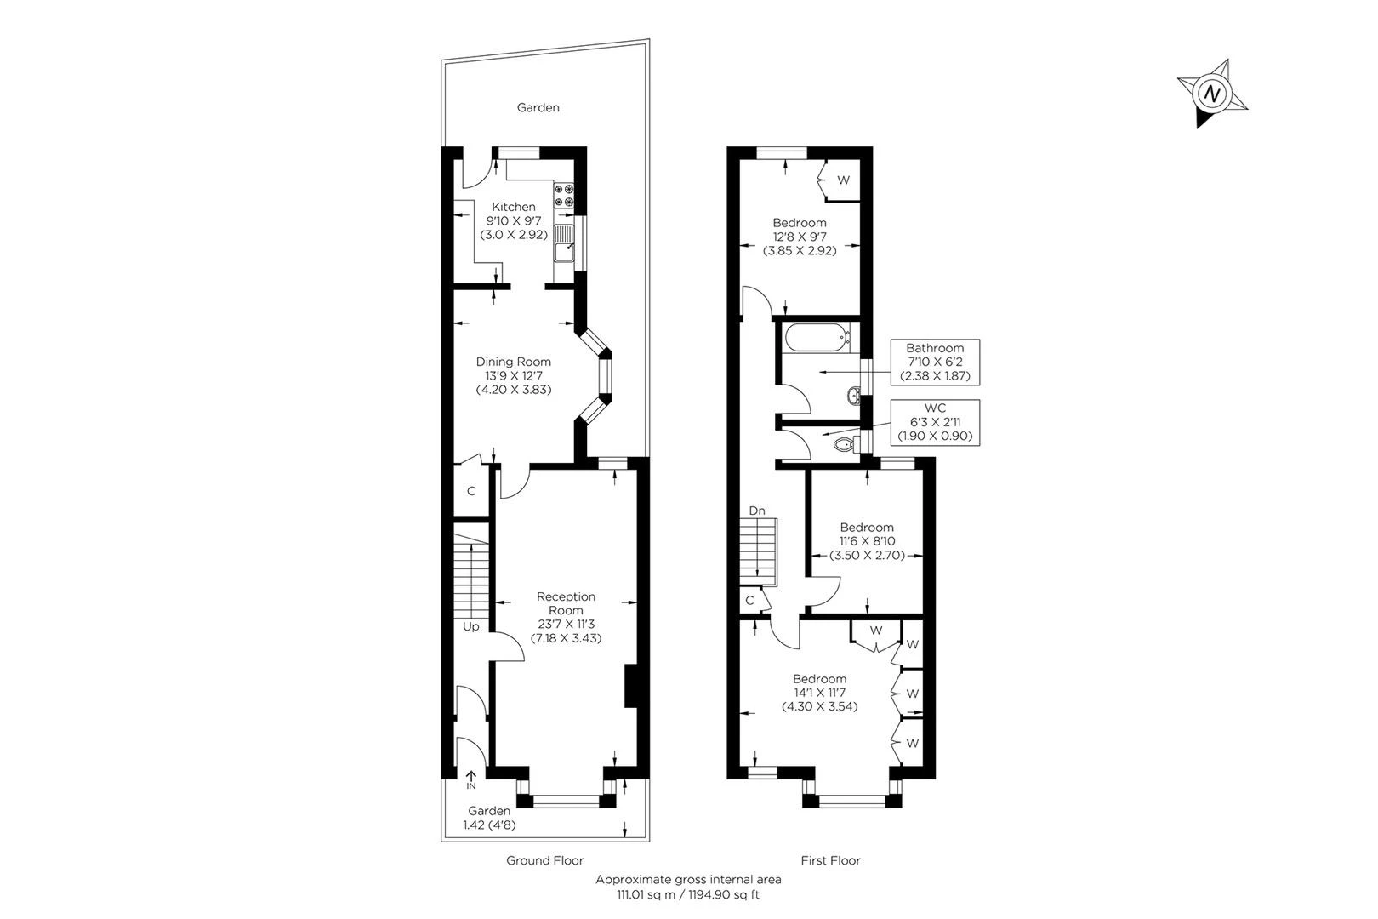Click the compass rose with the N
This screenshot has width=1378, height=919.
[x=1213, y=93]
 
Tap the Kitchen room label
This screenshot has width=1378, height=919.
[x=514, y=207]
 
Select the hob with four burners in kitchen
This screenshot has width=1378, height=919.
[x=565, y=196]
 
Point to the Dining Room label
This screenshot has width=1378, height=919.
[x=513, y=362]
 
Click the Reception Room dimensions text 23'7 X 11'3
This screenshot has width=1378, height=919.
[x=566, y=624]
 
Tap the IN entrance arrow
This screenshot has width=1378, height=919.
[x=470, y=778]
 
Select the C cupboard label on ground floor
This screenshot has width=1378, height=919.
[x=470, y=492]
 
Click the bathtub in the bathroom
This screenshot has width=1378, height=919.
[x=817, y=339]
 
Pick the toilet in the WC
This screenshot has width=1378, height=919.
[x=845, y=445]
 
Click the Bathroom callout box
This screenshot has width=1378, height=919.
[x=934, y=362]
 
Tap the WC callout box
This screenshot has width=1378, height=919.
[x=934, y=422]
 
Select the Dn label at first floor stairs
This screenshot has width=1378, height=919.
[x=757, y=511]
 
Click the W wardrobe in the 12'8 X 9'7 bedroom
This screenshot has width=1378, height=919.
[x=843, y=180]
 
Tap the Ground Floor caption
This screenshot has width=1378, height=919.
[x=544, y=860]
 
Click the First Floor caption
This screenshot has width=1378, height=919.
[x=830, y=860]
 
